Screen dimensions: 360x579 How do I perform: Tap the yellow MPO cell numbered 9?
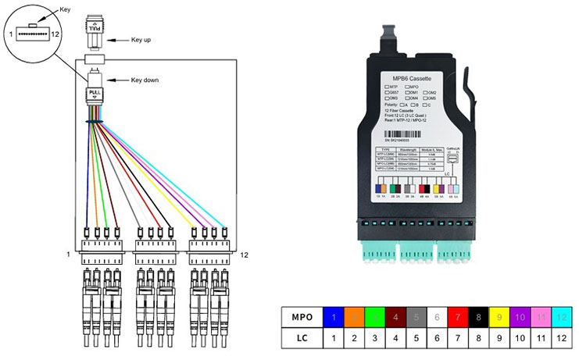pyautogui.click(x=495, y=318)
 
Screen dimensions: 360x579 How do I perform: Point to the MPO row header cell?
pyautogui.click(x=302, y=318)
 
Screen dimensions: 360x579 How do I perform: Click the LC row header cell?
pyautogui.click(x=302, y=338)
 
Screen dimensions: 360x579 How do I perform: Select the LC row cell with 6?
pyautogui.click(x=434, y=338)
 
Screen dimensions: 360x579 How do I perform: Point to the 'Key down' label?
pyautogui.click(x=148, y=80)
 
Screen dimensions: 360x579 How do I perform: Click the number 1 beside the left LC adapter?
pyautogui.click(x=69, y=255)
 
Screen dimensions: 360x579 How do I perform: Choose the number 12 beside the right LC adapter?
pyautogui.click(x=244, y=255)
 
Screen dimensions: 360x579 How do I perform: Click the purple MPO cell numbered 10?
pyautogui.click(x=516, y=318)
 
